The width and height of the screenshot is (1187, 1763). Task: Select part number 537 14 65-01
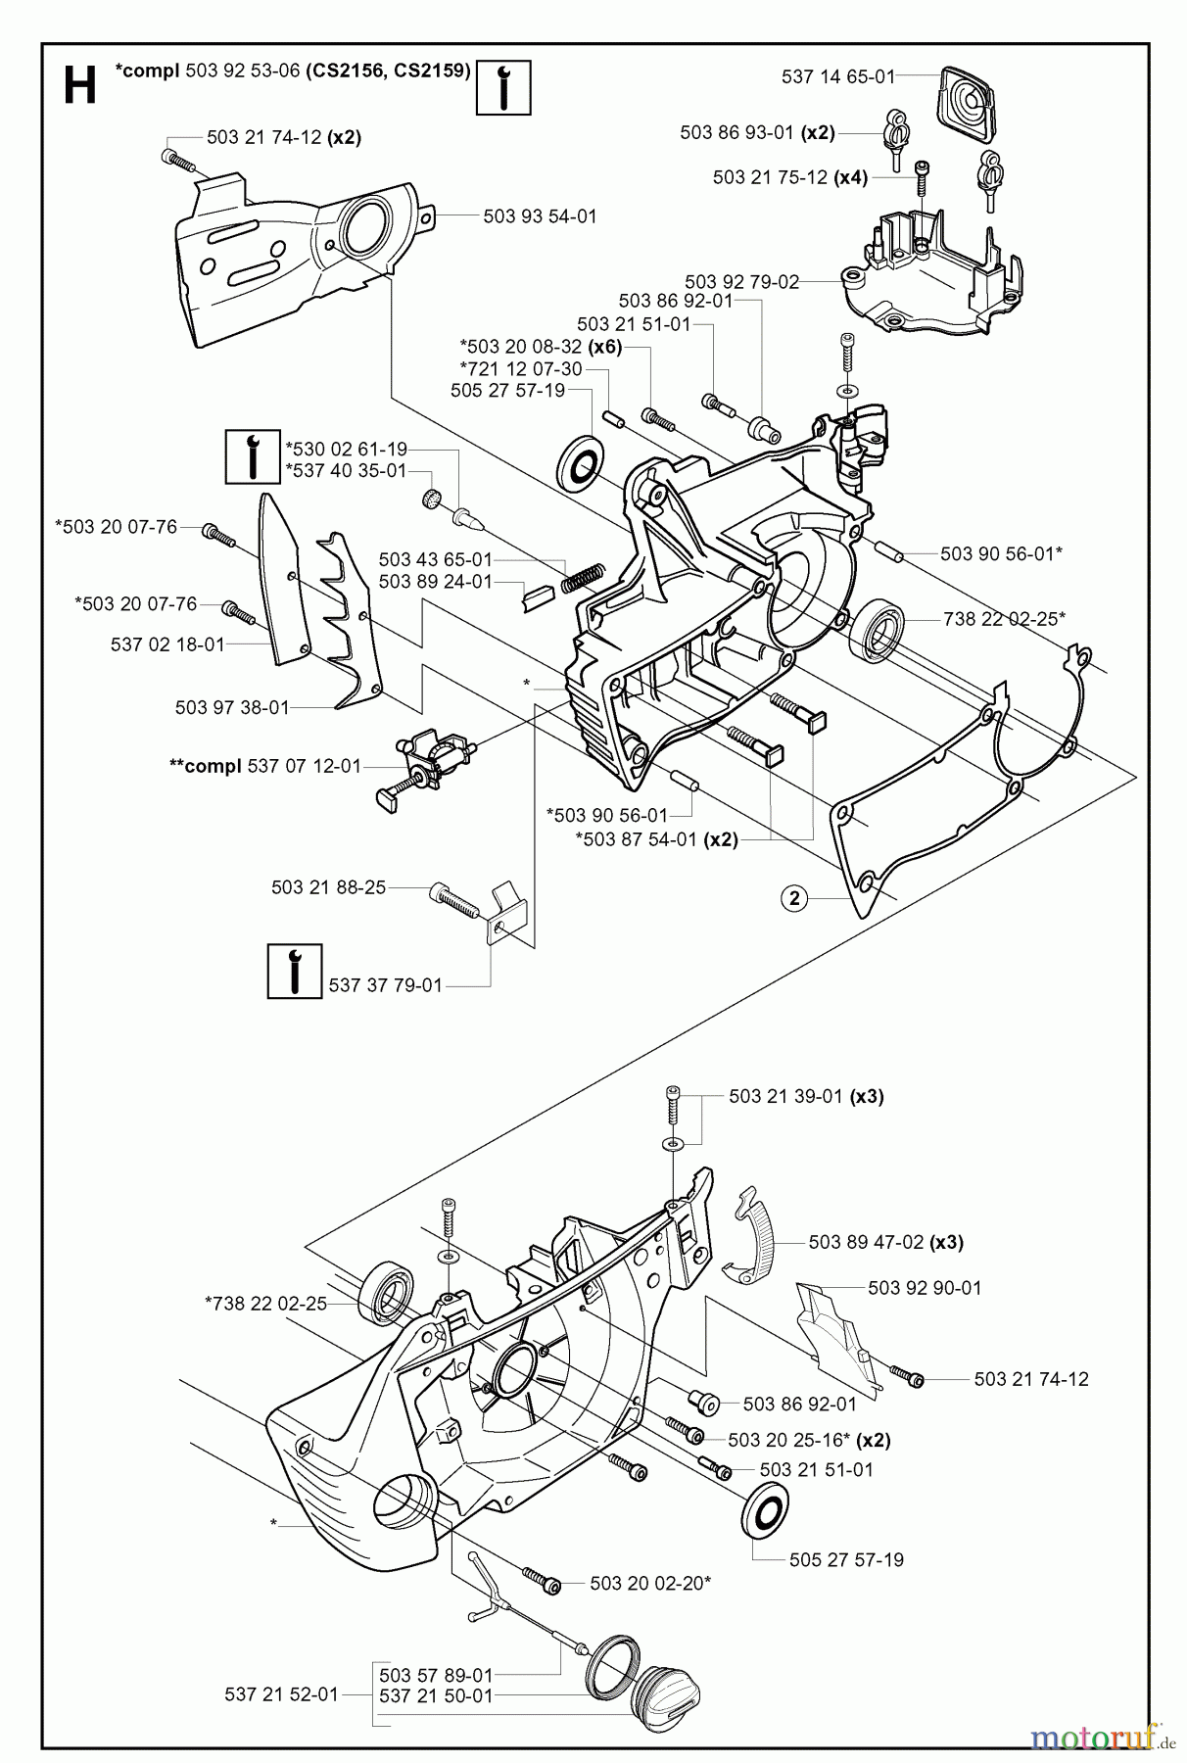[838, 75]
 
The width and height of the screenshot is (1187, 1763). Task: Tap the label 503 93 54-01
[540, 215]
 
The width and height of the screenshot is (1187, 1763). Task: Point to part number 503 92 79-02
[741, 282]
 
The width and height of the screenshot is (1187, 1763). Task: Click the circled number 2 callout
[794, 897]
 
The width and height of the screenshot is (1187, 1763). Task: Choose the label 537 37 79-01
[386, 985]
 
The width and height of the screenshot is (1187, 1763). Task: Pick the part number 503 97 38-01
[232, 707]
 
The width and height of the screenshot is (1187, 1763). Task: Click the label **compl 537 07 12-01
[265, 765]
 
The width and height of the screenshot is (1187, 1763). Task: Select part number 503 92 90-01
[925, 1288]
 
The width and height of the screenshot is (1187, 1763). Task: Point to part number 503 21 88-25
[328, 887]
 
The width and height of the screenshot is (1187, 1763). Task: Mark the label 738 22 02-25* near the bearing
[1003, 618]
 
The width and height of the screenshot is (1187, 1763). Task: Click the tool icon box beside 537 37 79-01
[295, 971]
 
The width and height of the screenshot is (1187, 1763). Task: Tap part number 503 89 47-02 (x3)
[885, 1242]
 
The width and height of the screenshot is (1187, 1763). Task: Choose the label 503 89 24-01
[435, 581]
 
